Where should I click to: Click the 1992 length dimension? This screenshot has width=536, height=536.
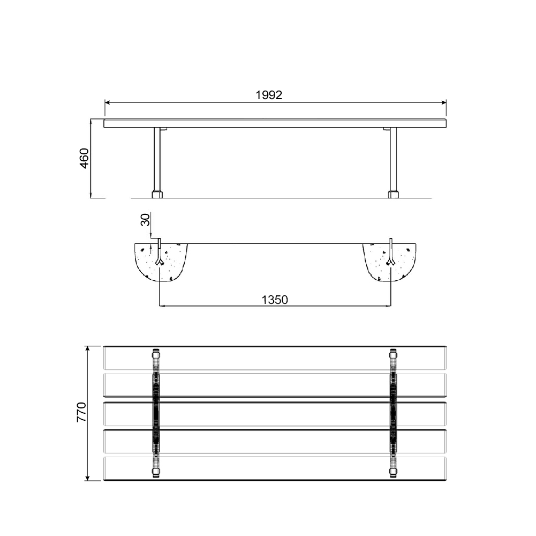coord(269,95)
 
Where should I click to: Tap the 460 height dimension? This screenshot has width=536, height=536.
coord(84,158)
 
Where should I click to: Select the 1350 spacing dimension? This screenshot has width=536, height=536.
coord(275,300)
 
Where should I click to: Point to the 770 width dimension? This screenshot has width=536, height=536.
coord(81,412)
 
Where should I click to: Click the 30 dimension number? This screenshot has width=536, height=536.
coord(145,220)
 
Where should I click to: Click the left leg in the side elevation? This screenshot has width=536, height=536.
coord(157,159)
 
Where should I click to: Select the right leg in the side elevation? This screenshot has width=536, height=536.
coord(393,159)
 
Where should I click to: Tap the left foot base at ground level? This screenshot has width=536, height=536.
coord(157,195)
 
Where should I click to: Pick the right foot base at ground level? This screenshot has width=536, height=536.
coord(394,195)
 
